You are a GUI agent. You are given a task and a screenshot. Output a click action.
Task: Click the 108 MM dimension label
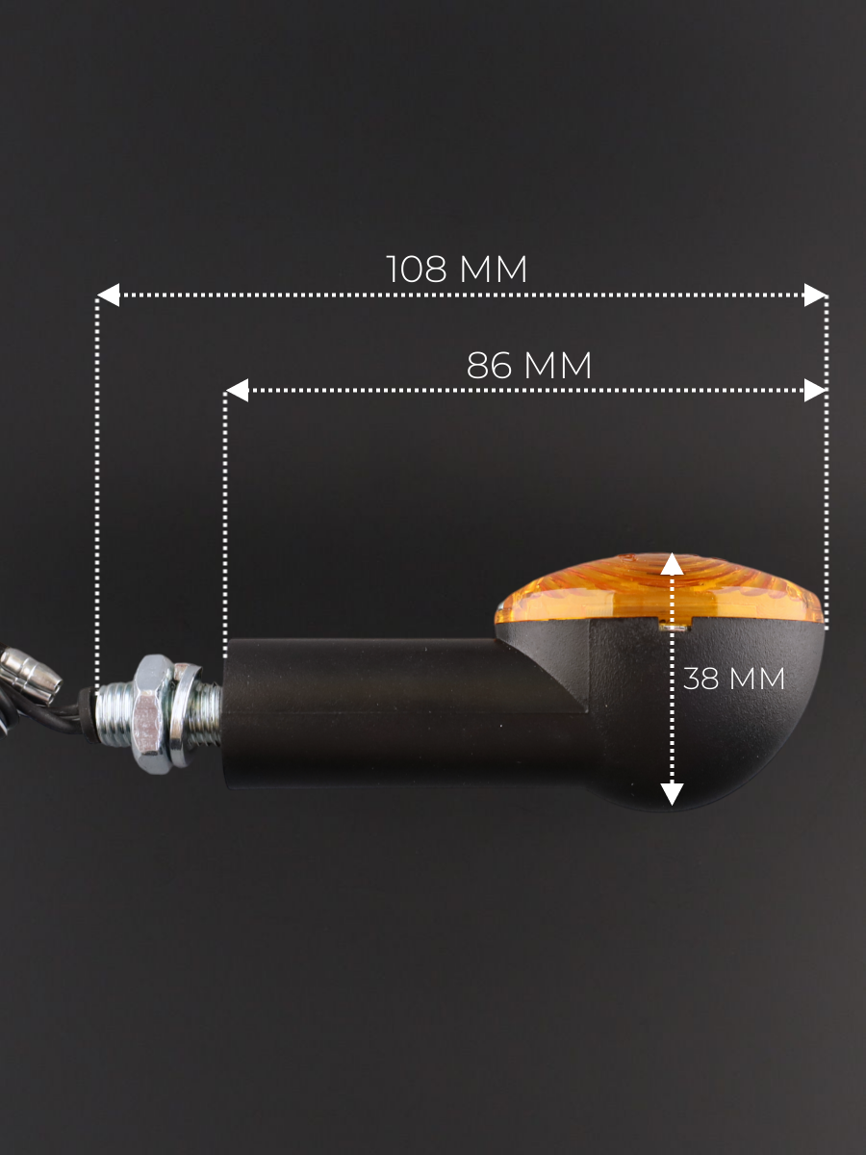pos(456,269)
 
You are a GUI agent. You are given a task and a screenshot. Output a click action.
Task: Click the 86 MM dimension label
pos(529,366)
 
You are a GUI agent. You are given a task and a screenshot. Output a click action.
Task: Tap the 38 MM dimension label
pos(733,679)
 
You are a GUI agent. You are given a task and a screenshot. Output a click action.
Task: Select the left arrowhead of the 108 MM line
pos(109,295)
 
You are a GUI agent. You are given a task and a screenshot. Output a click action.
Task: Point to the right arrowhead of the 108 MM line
pos(815,295)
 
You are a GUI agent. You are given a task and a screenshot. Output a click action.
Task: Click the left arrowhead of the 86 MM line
pos(237,391)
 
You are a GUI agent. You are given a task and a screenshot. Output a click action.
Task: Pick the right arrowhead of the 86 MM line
pos(815,391)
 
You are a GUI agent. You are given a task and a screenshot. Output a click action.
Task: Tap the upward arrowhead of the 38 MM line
pos(672,564)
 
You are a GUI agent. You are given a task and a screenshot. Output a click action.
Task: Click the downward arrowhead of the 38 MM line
pos(672,794)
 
